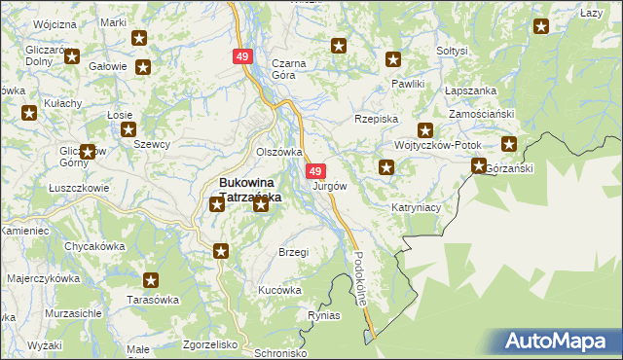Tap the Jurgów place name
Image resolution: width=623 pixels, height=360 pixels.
330,186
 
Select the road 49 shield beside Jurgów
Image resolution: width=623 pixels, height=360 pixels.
315,171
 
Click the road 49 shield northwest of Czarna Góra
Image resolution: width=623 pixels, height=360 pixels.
242,58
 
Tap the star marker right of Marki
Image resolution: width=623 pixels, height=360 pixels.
139,39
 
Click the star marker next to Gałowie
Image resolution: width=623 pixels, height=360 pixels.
143,67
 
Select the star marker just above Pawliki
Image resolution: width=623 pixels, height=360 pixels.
393,58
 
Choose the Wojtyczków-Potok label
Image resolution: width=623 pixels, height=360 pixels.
438,144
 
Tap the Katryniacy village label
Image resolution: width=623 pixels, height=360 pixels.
418,207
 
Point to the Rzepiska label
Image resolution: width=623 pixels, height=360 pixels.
378,118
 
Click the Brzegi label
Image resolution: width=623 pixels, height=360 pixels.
293,252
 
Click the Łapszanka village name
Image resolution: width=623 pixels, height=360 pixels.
470,90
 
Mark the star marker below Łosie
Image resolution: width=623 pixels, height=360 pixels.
128,129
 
